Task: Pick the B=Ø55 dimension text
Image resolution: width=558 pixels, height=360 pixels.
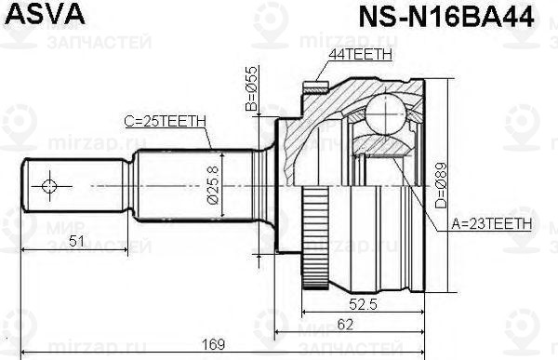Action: (250, 89)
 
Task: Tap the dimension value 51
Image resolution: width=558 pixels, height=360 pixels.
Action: (78, 241)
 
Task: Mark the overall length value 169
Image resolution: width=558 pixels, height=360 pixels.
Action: (215, 346)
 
